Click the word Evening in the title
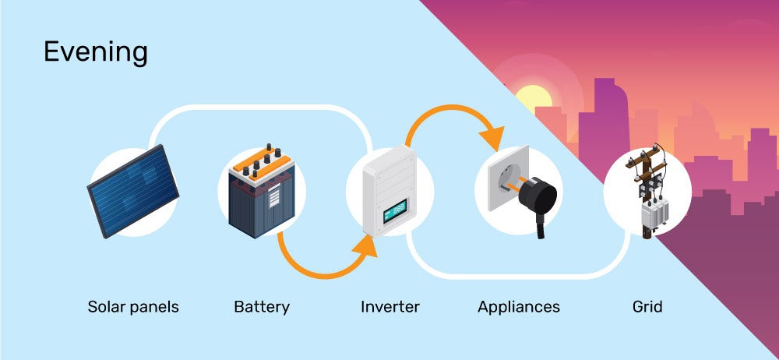[x=96, y=52]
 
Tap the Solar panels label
[x=132, y=306]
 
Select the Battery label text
[x=262, y=306]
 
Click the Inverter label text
[x=389, y=306]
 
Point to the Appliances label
[x=519, y=306]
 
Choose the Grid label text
[x=647, y=306]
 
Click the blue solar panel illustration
[x=132, y=191]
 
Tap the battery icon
[x=261, y=195]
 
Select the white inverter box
[x=389, y=187]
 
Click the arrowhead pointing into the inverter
[x=365, y=248]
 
